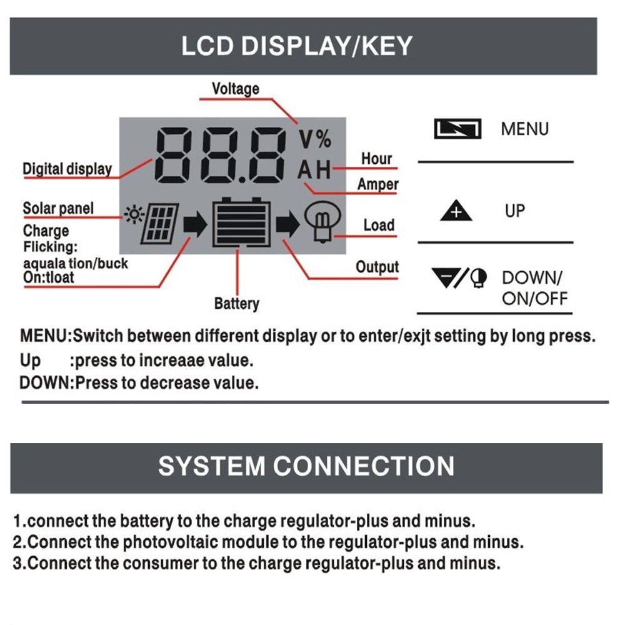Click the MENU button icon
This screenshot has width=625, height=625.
pos(457,129)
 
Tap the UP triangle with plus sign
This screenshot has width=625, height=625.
pos(456,211)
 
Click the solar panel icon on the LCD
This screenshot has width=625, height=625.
pos(159,224)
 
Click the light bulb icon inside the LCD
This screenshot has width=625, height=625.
pos(322,222)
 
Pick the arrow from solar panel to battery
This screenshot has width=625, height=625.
pos(195,224)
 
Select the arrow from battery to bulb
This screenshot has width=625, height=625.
pos(287,224)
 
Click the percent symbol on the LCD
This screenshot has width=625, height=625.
pos(324,139)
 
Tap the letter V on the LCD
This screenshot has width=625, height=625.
pos(306,139)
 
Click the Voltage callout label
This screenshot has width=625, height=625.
pos(236,89)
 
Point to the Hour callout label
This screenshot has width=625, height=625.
pos(376,159)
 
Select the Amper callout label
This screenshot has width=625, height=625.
pos(377,184)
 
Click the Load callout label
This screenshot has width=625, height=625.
pos(379,225)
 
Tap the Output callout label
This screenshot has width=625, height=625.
pos(377,267)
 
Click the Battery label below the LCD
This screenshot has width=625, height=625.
pos(237,304)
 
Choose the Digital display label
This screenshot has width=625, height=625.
pos(67,169)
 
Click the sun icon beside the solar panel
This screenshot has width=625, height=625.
pos(134,215)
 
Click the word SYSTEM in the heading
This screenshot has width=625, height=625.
pos(212,466)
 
